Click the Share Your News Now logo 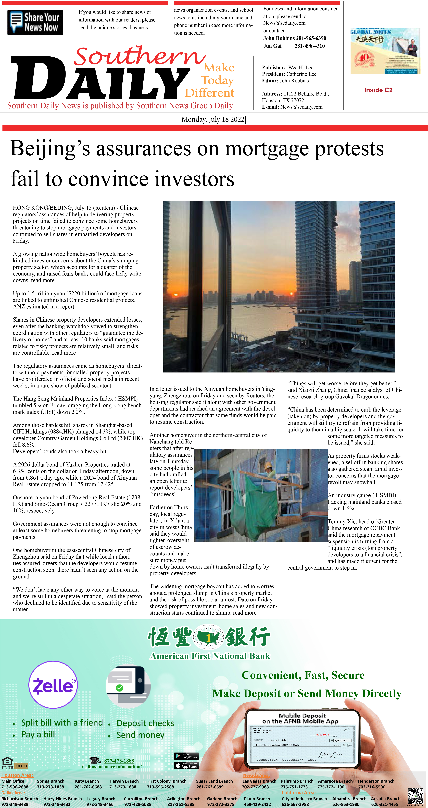click(x=35, y=22)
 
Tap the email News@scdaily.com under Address click(x=301, y=107)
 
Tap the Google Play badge click(x=186, y=756)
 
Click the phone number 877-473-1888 click(x=119, y=761)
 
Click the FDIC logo click(x=21, y=766)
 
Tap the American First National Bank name click(x=210, y=656)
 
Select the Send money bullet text click(x=140, y=735)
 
